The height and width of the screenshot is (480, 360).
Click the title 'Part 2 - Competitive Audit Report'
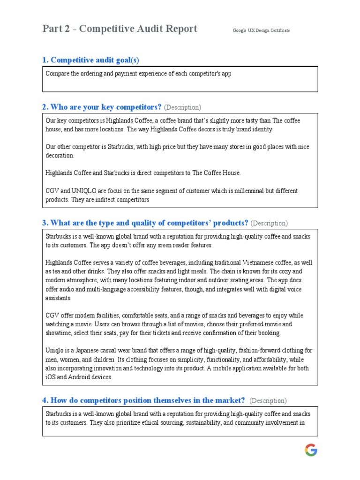(120, 29)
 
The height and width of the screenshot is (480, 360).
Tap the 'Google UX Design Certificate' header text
(261, 30)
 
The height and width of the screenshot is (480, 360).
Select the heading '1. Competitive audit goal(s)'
(90, 60)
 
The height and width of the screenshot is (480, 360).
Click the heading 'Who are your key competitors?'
(102, 107)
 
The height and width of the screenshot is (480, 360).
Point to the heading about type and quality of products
(145, 223)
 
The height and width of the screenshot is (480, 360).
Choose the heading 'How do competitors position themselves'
(143, 400)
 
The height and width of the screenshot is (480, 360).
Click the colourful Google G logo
(311, 450)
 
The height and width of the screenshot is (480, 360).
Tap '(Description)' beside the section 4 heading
(268, 401)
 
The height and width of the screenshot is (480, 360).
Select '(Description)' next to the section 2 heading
(182, 107)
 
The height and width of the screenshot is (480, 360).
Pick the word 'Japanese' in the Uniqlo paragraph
(87, 351)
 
